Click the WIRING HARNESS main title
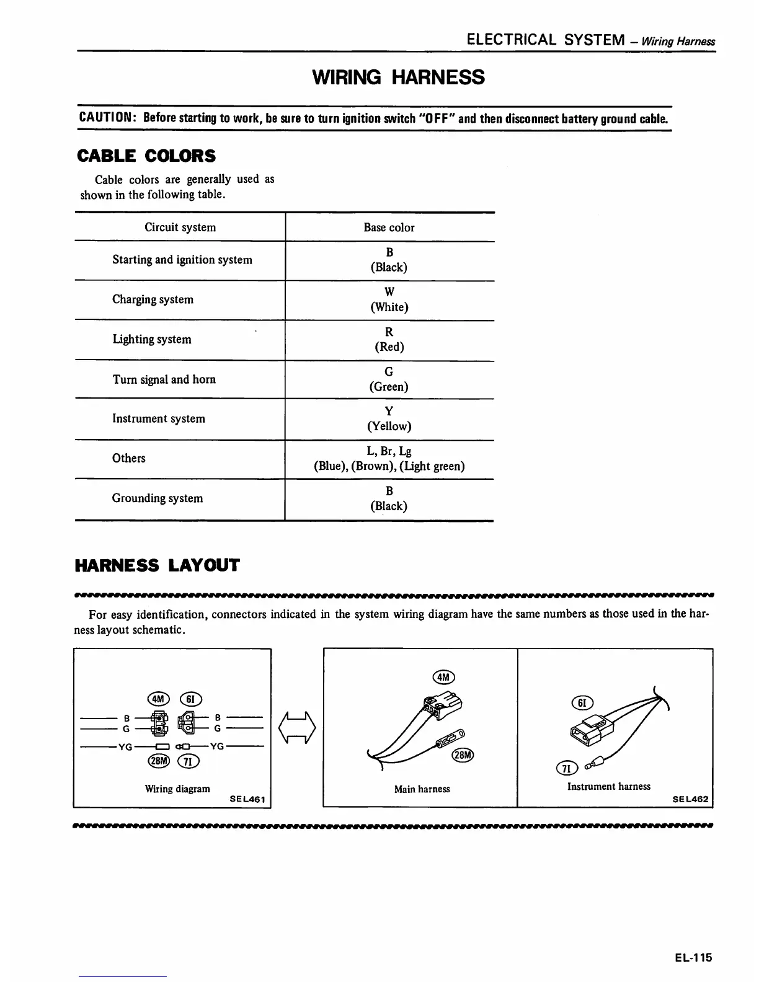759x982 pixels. tap(398, 77)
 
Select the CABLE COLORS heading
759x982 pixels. tap(146, 156)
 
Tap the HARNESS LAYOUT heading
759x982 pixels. tap(156, 565)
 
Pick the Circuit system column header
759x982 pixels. tap(180, 228)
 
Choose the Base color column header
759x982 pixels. tap(389, 228)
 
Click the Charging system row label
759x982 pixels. tap(153, 299)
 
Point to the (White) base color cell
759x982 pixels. tap(389, 307)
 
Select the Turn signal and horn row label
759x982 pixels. tap(164, 379)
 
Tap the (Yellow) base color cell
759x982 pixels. tap(389, 426)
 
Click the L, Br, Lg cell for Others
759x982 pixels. tap(389, 451)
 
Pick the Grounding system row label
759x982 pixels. tap(157, 498)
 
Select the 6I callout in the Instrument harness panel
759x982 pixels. tap(582, 702)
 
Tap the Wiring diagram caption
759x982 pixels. tap(177, 789)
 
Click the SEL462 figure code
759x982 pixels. tap(690, 799)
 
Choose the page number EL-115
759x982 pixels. tap(693, 957)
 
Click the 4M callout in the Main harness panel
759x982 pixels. tap(443, 677)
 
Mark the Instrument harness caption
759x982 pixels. tap(608, 786)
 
